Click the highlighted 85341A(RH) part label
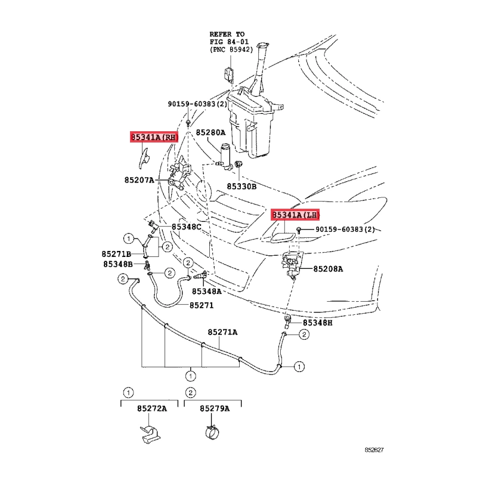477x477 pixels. coord(154,137)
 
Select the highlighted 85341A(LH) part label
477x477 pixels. coord(295,215)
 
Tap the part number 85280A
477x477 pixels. coord(210,132)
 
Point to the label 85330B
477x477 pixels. coord(241,187)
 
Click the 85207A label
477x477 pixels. coord(140,180)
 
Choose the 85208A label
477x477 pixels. coord(328,269)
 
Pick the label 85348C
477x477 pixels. coord(187,227)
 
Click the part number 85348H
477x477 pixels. coord(318,323)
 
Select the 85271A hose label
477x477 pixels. coord(222,332)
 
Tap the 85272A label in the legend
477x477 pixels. coord(152,408)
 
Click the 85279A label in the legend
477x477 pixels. coord(215,408)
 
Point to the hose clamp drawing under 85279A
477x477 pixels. coord(213,432)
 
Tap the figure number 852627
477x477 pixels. coord(374,450)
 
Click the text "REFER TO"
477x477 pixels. coord(227,34)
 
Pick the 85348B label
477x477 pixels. coord(118,264)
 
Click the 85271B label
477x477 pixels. coord(116,254)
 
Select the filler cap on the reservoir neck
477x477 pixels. coord(262,46)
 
